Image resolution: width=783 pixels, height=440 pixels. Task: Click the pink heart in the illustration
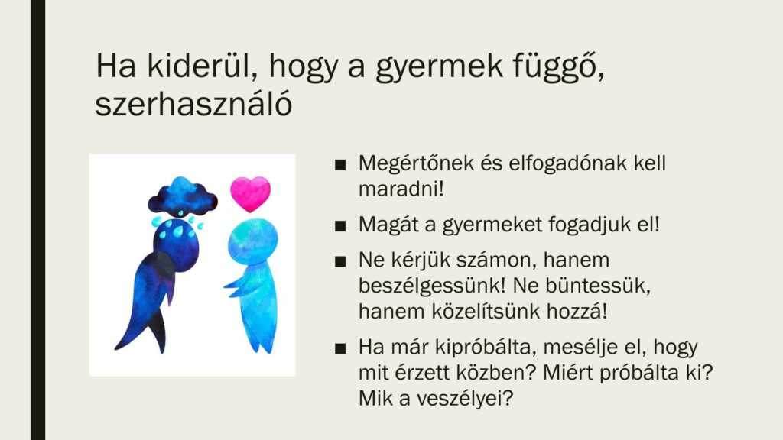250,194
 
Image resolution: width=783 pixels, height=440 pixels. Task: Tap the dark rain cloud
183,196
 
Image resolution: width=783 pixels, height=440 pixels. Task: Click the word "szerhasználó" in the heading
193,104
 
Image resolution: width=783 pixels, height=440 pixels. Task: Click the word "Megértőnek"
416,163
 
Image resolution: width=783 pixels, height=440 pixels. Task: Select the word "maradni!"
401,189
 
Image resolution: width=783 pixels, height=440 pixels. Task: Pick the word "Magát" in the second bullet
388,225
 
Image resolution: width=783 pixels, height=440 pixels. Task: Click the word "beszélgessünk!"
433,286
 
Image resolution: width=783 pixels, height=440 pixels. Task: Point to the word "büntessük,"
598,286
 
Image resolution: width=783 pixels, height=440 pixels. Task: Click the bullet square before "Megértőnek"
340,165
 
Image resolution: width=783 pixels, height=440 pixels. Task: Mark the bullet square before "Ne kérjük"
340,262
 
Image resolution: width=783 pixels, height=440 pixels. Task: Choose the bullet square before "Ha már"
340,348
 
